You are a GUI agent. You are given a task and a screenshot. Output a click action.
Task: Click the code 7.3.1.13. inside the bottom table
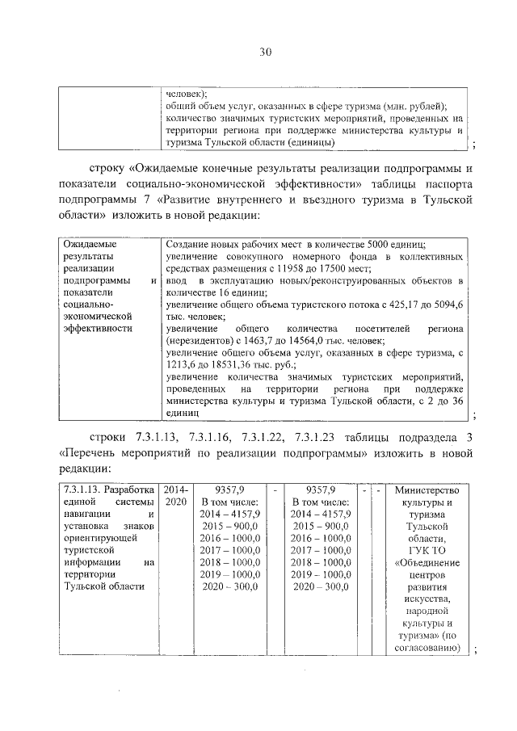82,489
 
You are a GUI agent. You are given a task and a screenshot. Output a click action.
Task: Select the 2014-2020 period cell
174,495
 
